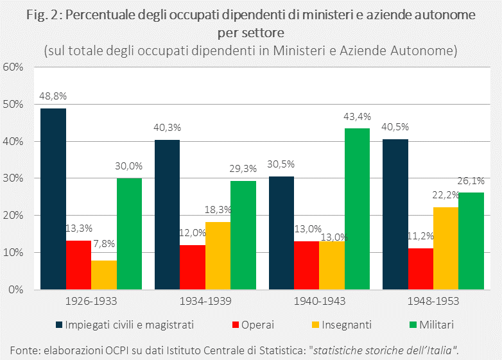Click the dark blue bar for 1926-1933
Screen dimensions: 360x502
[53, 199]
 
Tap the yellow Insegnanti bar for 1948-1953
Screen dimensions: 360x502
[446, 248]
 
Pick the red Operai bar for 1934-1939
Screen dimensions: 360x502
[193, 267]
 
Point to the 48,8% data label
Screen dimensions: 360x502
[53, 96]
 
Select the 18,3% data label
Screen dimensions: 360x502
[218, 210]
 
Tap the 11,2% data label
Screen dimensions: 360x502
[420, 236]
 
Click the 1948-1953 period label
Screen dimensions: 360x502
[433, 300]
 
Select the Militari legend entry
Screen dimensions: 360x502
[436, 325]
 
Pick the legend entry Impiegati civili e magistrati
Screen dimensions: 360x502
[128, 325]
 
